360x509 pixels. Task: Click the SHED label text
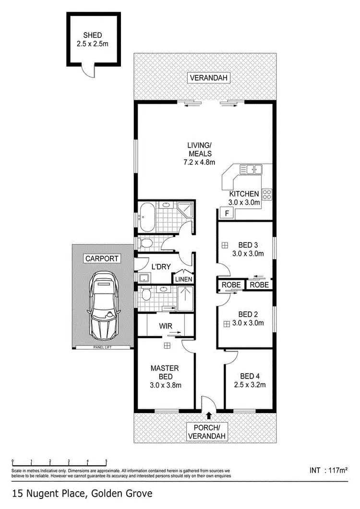tap(92, 35)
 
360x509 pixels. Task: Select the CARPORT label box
tap(101, 259)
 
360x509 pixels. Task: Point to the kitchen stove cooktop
tap(267, 194)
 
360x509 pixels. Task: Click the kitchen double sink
tap(251, 169)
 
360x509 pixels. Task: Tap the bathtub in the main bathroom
tap(148, 211)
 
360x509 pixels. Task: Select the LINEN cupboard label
tap(183, 279)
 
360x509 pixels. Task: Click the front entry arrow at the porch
tap(209, 415)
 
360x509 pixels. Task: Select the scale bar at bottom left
tap(59, 462)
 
